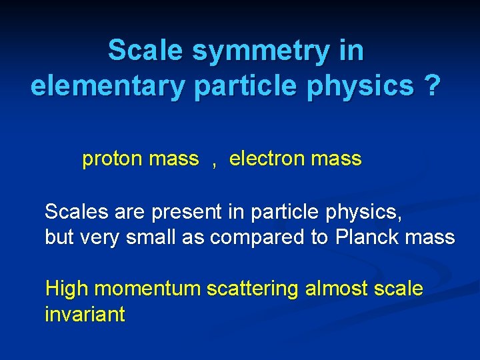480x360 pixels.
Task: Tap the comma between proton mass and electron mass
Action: pos(214,162)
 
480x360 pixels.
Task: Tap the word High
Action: pos(67,289)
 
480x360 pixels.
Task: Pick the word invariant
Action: pos(85,314)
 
